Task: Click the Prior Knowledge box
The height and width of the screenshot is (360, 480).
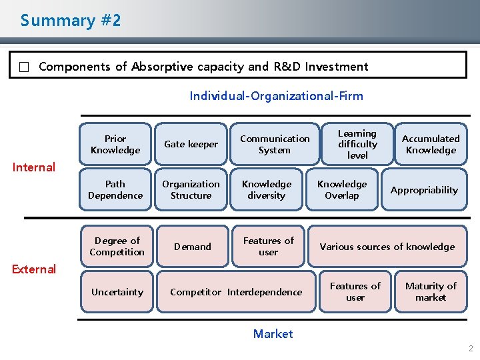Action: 115,144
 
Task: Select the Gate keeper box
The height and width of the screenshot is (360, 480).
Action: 191,144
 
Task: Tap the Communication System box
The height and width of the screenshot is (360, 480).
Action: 275,144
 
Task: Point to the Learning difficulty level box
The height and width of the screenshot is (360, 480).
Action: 357,144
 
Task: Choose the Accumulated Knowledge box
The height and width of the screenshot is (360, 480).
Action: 431,144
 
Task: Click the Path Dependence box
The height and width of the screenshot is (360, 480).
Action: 115,189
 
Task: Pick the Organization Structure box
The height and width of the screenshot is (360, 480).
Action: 191,189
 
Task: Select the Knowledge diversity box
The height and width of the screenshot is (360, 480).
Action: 267,189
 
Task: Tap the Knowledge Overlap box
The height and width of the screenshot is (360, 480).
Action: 342,189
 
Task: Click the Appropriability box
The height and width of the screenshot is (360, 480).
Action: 424,190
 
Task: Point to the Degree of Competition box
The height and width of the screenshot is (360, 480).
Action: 117,246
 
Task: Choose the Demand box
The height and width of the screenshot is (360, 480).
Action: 193,247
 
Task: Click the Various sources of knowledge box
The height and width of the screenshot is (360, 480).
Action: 387,247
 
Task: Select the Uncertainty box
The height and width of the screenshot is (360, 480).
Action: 117,292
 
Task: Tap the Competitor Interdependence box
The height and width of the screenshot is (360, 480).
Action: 236,292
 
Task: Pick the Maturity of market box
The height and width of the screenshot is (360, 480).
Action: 431,291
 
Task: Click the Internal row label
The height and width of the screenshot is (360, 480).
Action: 34,167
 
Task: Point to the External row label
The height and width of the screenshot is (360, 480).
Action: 34,269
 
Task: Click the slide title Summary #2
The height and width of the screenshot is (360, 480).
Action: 71,21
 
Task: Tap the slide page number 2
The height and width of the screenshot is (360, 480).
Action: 471,349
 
